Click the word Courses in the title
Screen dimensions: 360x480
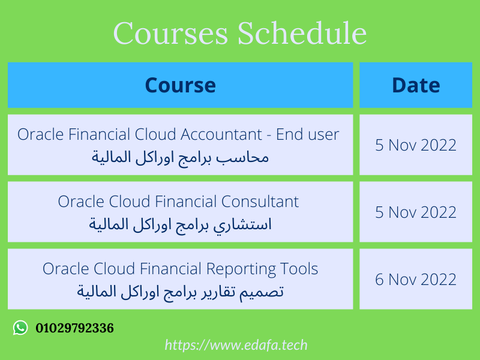click(x=170, y=33)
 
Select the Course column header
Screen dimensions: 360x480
click(x=180, y=85)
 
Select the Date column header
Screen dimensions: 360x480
click(x=416, y=85)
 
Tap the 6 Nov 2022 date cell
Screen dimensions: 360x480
click(x=416, y=279)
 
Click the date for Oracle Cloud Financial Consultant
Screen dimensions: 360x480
click(x=416, y=212)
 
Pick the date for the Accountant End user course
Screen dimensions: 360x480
click(x=416, y=145)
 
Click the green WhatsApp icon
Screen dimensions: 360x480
click(x=20, y=328)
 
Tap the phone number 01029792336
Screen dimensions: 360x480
click(x=74, y=328)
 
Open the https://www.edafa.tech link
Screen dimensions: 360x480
click(x=236, y=345)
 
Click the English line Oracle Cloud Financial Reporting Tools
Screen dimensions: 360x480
click(x=180, y=268)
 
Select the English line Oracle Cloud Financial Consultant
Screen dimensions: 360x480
click(x=178, y=201)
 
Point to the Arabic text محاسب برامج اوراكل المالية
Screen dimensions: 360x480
click(x=180, y=158)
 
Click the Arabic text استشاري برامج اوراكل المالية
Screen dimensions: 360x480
click(x=180, y=225)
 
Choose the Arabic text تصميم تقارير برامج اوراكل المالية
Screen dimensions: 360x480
click(x=180, y=292)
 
